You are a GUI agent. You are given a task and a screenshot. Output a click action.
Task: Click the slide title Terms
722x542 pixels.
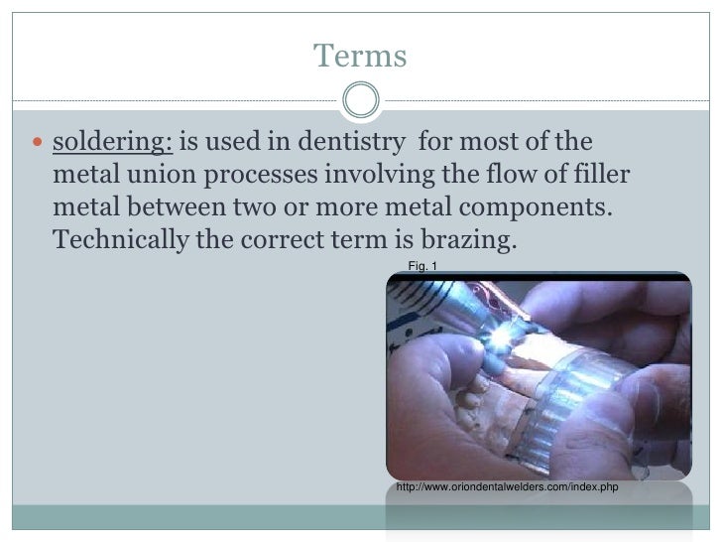click(x=360, y=57)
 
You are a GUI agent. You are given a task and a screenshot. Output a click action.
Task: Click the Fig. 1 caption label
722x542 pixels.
click(x=421, y=264)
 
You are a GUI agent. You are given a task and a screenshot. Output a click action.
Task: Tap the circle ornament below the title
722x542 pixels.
click(x=360, y=99)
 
